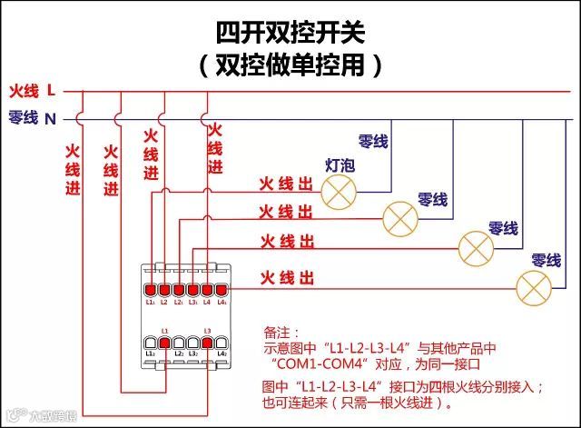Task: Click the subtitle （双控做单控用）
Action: pos(290,65)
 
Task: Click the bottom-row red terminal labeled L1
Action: pos(164,342)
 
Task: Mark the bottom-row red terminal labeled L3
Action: pos(207,342)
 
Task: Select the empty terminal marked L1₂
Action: pos(151,342)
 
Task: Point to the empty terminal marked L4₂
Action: pos(221,342)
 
